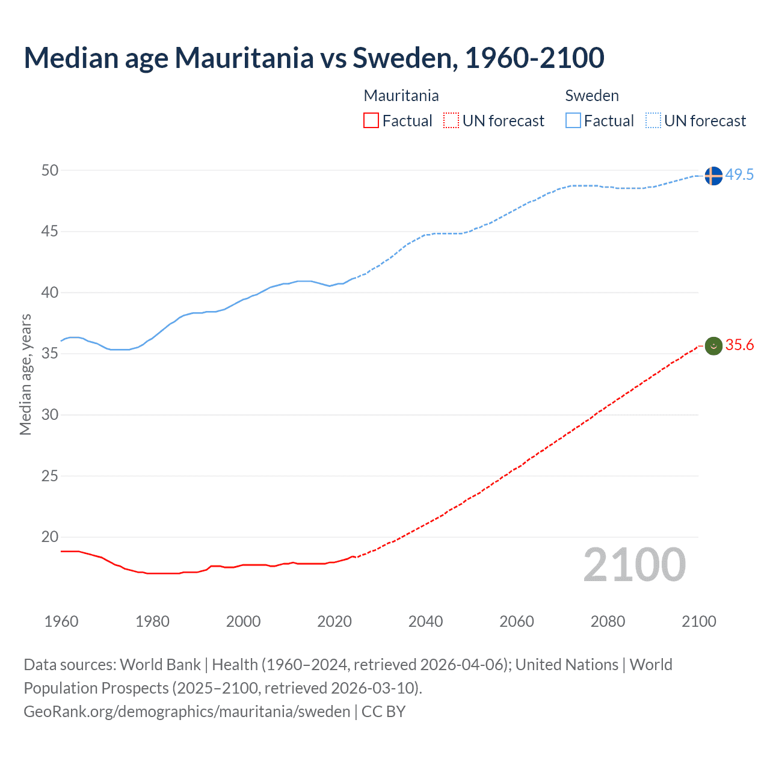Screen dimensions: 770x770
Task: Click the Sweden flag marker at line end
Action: [x=713, y=176]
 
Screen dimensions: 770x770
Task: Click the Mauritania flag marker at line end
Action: [x=713, y=346]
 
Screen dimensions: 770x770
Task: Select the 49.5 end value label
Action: [x=739, y=175]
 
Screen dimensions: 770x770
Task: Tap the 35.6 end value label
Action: [x=739, y=345]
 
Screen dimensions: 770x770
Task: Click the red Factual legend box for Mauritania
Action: [x=371, y=121]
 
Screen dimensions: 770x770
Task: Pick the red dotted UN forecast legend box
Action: [x=451, y=121]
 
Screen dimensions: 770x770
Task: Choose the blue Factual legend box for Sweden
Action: [x=573, y=121]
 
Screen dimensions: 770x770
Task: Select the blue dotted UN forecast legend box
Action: [x=653, y=121]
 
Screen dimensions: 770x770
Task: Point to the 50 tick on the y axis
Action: [x=50, y=171]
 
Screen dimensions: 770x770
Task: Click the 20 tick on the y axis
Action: [x=50, y=537]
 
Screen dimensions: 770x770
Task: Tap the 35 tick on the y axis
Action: [x=50, y=354]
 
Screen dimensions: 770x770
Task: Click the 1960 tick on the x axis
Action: [x=61, y=621]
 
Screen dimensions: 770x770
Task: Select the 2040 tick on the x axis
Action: [x=425, y=621]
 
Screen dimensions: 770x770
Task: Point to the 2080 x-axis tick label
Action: [x=608, y=621]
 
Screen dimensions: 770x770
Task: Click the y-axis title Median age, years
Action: [x=25, y=374]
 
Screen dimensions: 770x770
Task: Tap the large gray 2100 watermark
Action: [x=634, y=565]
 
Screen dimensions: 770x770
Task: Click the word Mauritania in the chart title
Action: [x=244, y=58]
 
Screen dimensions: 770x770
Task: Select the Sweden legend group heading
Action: [x=592, y=96]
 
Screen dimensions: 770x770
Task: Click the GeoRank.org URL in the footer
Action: [x=186, y=712]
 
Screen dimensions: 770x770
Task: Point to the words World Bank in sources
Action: [x=160, y=665]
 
